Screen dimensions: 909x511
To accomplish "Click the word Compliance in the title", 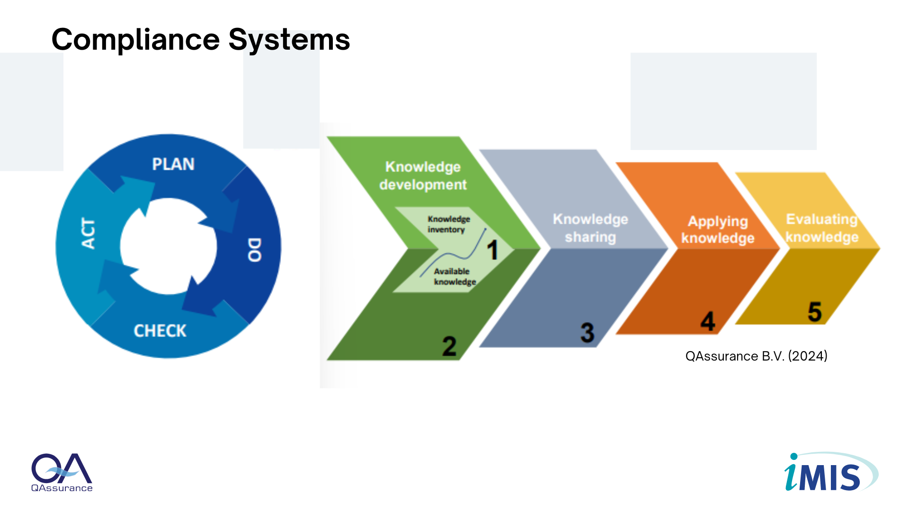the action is click(x=135, y=39).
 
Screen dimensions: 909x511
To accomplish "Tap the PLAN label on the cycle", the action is click(x=173, y=164).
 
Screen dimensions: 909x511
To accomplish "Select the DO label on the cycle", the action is click(x=255, y=250).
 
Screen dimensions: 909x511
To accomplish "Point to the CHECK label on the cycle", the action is click(x=160, y=331).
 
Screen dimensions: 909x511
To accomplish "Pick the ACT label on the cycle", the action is click(x=89, y=233).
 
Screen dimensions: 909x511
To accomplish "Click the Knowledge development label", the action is click(x=423, y=176).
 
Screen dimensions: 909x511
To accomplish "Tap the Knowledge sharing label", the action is click(x=590, y=228).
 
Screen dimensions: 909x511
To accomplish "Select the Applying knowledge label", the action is click(x=718, y=229).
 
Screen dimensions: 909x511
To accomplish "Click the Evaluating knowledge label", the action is click(x=822, y=228).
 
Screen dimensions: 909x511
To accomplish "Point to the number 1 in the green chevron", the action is click(x=492, y=250).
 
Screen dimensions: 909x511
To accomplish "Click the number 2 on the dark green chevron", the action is click(x=449, y=346).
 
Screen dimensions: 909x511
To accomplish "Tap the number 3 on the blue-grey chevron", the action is click(x=588, y=333).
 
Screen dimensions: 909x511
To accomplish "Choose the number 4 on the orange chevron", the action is click(x=708, y=322).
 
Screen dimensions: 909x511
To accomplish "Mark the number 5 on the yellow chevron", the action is click(x=815, y=312).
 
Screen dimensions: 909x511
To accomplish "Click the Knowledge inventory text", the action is click(x=449, y=224).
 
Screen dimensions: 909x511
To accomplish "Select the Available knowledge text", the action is click(x=455, y=276).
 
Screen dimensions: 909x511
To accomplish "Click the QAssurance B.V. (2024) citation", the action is click(x=756, y=356).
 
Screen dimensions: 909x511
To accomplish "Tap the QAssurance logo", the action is click(x=62, y=473).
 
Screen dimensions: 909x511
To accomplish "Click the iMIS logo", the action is click(x=831, y=472).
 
